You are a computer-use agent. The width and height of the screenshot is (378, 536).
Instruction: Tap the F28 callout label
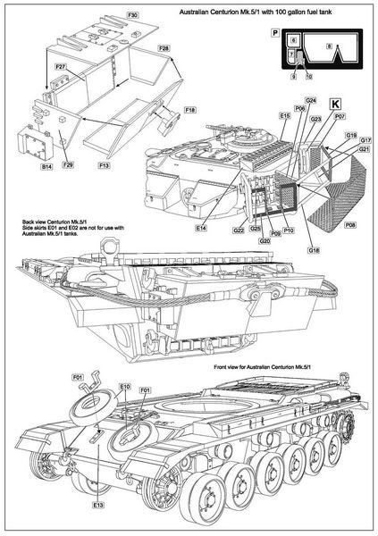coord(164,47)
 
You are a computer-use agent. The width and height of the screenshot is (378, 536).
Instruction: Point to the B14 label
coord(46,166)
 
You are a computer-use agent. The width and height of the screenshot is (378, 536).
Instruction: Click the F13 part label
coord(105,166)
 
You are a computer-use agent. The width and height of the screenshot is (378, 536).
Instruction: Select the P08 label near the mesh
coord(350,227)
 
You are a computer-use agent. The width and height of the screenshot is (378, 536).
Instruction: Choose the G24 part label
coord(311,100)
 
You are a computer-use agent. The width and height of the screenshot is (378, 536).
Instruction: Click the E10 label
coord(125,387)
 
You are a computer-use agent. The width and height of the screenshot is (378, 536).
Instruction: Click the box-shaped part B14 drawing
coord(35,143)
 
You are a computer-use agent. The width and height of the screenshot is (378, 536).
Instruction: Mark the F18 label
coord(189,110)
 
